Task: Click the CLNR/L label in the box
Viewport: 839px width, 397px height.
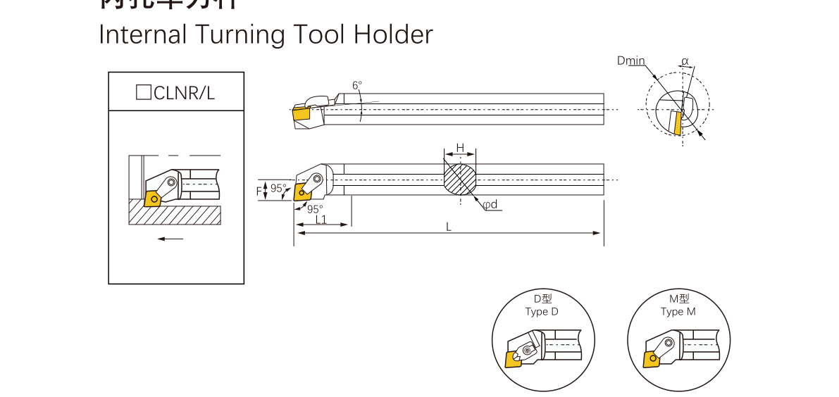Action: (x=175, y=92)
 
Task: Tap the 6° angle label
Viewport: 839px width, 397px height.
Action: (x=357, y=86)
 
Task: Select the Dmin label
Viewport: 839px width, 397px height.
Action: (x=630, y=61)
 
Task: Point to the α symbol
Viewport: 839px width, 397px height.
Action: (x=685, y=61)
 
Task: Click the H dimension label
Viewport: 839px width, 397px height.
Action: (x=460, y=147)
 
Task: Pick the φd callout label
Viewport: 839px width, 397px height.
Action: (x=490, y=204)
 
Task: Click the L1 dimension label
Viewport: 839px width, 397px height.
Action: (x=321, y=219)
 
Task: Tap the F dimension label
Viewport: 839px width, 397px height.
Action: (x=259, y=190)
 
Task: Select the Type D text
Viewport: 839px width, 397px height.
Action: (x=541, y=312)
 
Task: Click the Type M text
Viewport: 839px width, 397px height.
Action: (x=678, y=312)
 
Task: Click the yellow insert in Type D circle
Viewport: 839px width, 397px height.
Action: (x=514, y=358)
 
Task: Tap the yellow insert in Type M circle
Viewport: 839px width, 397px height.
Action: (x=650, y=359)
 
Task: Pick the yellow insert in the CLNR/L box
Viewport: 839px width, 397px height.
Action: (x=152, y=199)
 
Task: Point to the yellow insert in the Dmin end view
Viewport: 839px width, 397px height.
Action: (x=677, y=123)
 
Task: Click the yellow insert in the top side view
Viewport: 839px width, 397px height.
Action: (x=302, y=112)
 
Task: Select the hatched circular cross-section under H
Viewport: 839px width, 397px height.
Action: (x=460, y=179)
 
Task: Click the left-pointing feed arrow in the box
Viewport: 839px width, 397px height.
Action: (x=170, y=239)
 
